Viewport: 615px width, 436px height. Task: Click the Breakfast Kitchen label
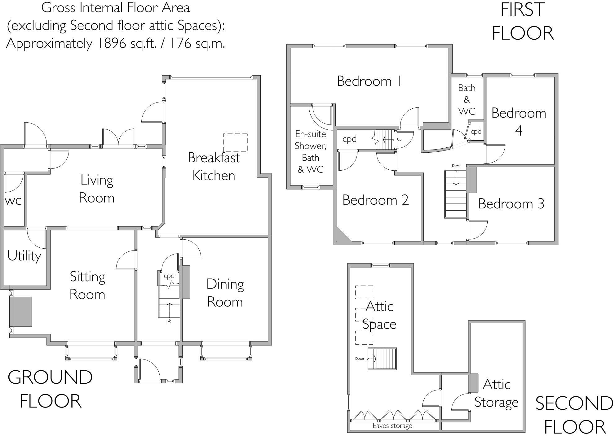(x=214, y=167)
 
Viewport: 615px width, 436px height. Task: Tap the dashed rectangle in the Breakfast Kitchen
(x=235, y=142)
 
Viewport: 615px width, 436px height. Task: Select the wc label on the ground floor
(x=13, y=201)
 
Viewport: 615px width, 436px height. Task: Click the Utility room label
(x=24, y=256)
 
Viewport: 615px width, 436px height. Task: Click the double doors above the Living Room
(x=118, y=138)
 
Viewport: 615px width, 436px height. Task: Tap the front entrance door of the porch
(x=150, y=370)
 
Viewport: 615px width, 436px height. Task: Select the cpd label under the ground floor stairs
(x=169, y=276)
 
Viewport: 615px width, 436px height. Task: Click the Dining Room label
(x=225, y=293)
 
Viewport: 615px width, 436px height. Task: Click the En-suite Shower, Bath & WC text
(x=310, y=152)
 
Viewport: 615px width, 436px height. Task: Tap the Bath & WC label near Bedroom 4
(x=467, y=99)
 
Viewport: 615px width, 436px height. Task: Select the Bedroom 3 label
(x=511, y=204)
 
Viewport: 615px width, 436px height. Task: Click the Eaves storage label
(x=392, y=426)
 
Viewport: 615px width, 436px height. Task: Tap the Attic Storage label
(x=496, y=394)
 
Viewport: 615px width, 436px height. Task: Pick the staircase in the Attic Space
(x=382, y=359)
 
